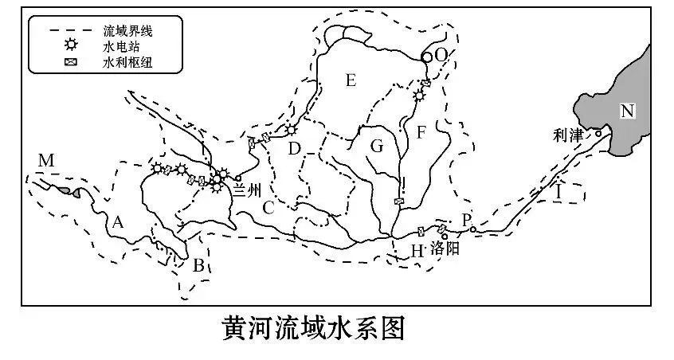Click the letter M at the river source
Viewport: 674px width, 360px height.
pos(46,162)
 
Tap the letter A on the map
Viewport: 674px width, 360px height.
pos(118,223)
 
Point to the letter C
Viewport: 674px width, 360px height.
pos(268,209)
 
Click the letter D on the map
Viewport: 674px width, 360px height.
pos(294,148)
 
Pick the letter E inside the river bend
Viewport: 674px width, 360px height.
pos(351,79)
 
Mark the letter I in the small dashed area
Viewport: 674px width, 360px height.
pos(559,193)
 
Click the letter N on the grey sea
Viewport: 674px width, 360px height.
pos(628,112)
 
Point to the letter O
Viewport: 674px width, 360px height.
pos(441,54)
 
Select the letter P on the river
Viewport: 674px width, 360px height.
pos(467,218)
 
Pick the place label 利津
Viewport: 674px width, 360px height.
pos(566,135)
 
